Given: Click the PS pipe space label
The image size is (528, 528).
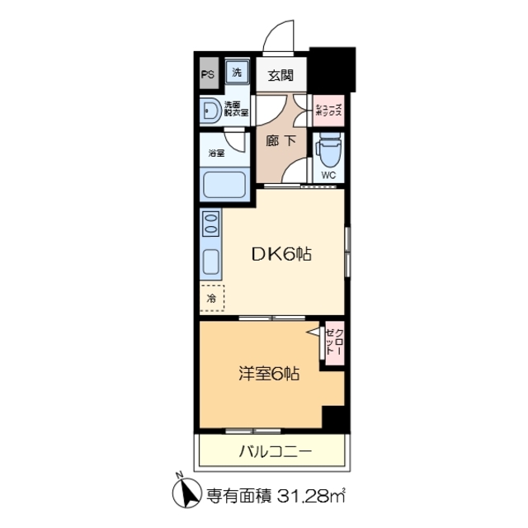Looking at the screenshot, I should point(207,73).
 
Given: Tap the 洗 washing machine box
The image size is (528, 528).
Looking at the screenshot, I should point(236,73).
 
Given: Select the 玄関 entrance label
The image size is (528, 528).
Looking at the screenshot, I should point(280,76).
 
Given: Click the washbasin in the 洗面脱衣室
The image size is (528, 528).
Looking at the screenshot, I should point(210,110).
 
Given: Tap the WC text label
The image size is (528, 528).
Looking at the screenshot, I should point(328,175).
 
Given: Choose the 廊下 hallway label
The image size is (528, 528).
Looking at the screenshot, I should point(280,141).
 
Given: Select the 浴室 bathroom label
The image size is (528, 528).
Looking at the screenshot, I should point(215,153).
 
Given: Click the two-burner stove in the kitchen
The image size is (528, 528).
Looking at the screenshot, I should point(210,224).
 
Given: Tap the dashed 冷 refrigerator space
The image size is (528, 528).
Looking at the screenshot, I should point(211,297).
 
